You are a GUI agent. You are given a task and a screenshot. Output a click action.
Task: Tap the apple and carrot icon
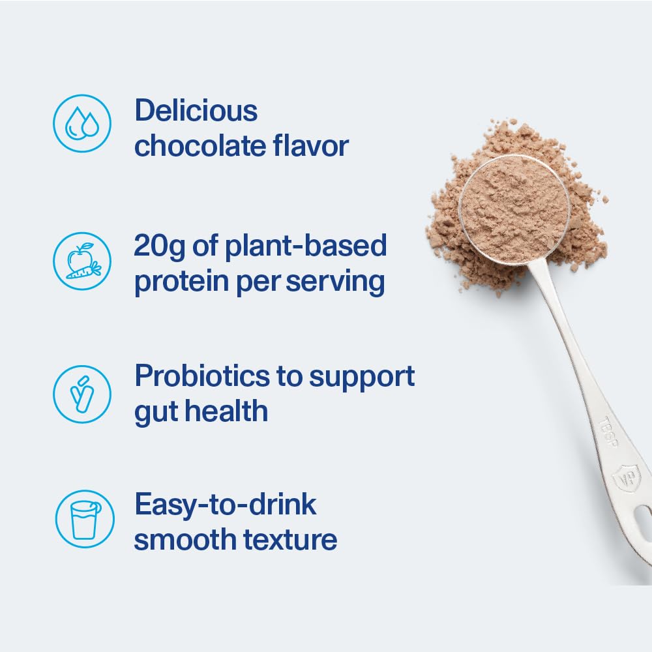[x=82, y=261]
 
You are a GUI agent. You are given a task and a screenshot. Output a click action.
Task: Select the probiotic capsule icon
[x=82, y=393]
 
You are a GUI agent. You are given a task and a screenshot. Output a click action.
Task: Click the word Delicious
[x=196, y=111]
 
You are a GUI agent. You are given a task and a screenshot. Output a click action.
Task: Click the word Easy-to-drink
[x=226, y=505]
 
